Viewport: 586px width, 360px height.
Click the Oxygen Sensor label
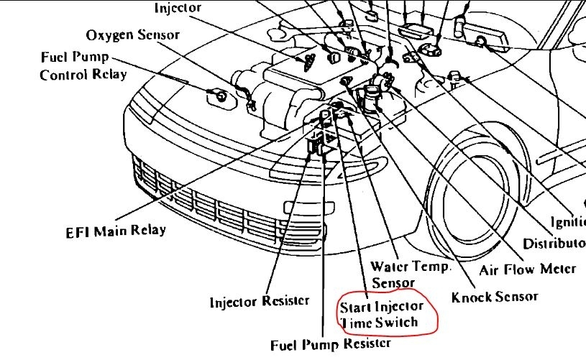132,34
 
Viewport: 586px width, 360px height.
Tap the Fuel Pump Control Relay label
83,65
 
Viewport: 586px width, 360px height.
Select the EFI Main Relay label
116,231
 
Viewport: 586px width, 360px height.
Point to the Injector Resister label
260,301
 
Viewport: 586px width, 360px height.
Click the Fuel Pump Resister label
331,344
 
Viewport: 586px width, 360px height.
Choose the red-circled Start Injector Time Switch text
388,314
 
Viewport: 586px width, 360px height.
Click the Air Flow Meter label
527,268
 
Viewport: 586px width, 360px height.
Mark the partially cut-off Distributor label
554,243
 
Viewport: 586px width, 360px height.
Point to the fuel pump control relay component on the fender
219,94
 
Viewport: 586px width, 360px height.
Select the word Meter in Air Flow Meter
557,268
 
